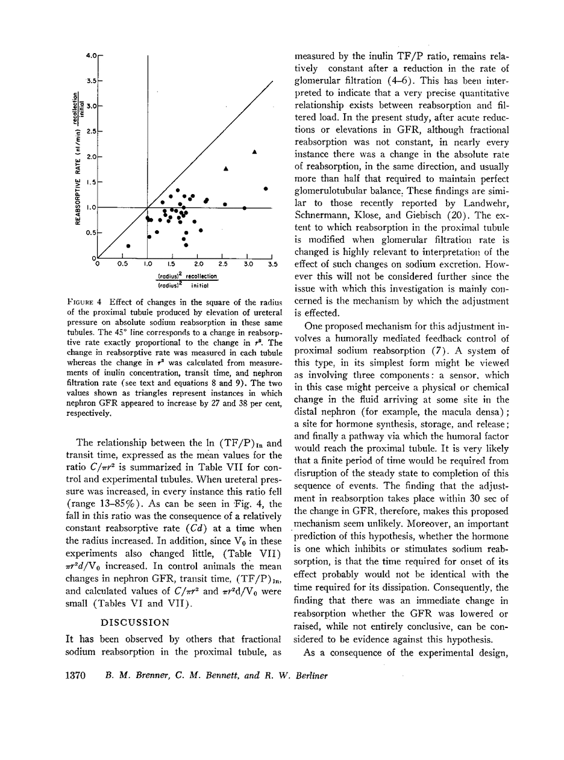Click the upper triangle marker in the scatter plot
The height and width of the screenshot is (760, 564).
tap(255, 151)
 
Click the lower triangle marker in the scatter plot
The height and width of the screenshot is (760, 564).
tap(225, 168)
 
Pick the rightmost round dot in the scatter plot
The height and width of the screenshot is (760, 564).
tap(266, 189)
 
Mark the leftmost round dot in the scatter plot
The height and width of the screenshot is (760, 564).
tap(128, 246)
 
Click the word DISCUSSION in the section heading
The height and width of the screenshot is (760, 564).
tap(134, 621)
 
